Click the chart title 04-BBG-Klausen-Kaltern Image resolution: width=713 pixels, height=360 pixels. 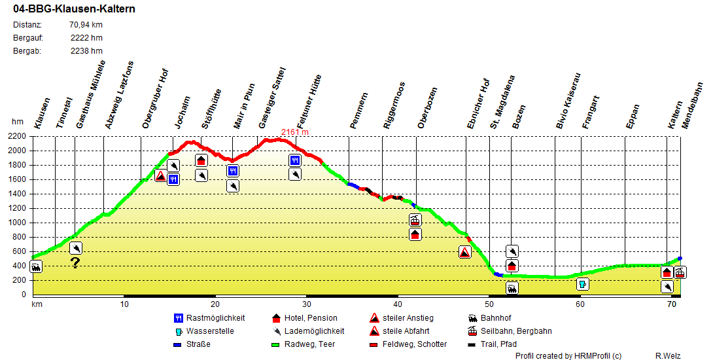click(x=65, y=10)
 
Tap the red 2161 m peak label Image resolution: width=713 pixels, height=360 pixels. click(x=294, y=132)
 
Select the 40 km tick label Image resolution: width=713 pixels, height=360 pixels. click(x=398, y=304)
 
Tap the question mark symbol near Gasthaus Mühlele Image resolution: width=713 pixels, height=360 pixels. click(x=75, y=263)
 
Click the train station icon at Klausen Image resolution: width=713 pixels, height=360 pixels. click(x=36, y=266)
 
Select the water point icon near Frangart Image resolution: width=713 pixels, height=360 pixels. click(x=583, y=284)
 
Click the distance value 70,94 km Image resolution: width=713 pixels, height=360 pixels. click(x=86, y=25)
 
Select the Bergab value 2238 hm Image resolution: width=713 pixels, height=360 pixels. click(x=86, y=51)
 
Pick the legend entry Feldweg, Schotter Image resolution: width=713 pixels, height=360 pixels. click(x=415, y=344)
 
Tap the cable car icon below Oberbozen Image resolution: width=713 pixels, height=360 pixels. click(x=415, y=220)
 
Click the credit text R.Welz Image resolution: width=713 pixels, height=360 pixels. click(x=668, y=355)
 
